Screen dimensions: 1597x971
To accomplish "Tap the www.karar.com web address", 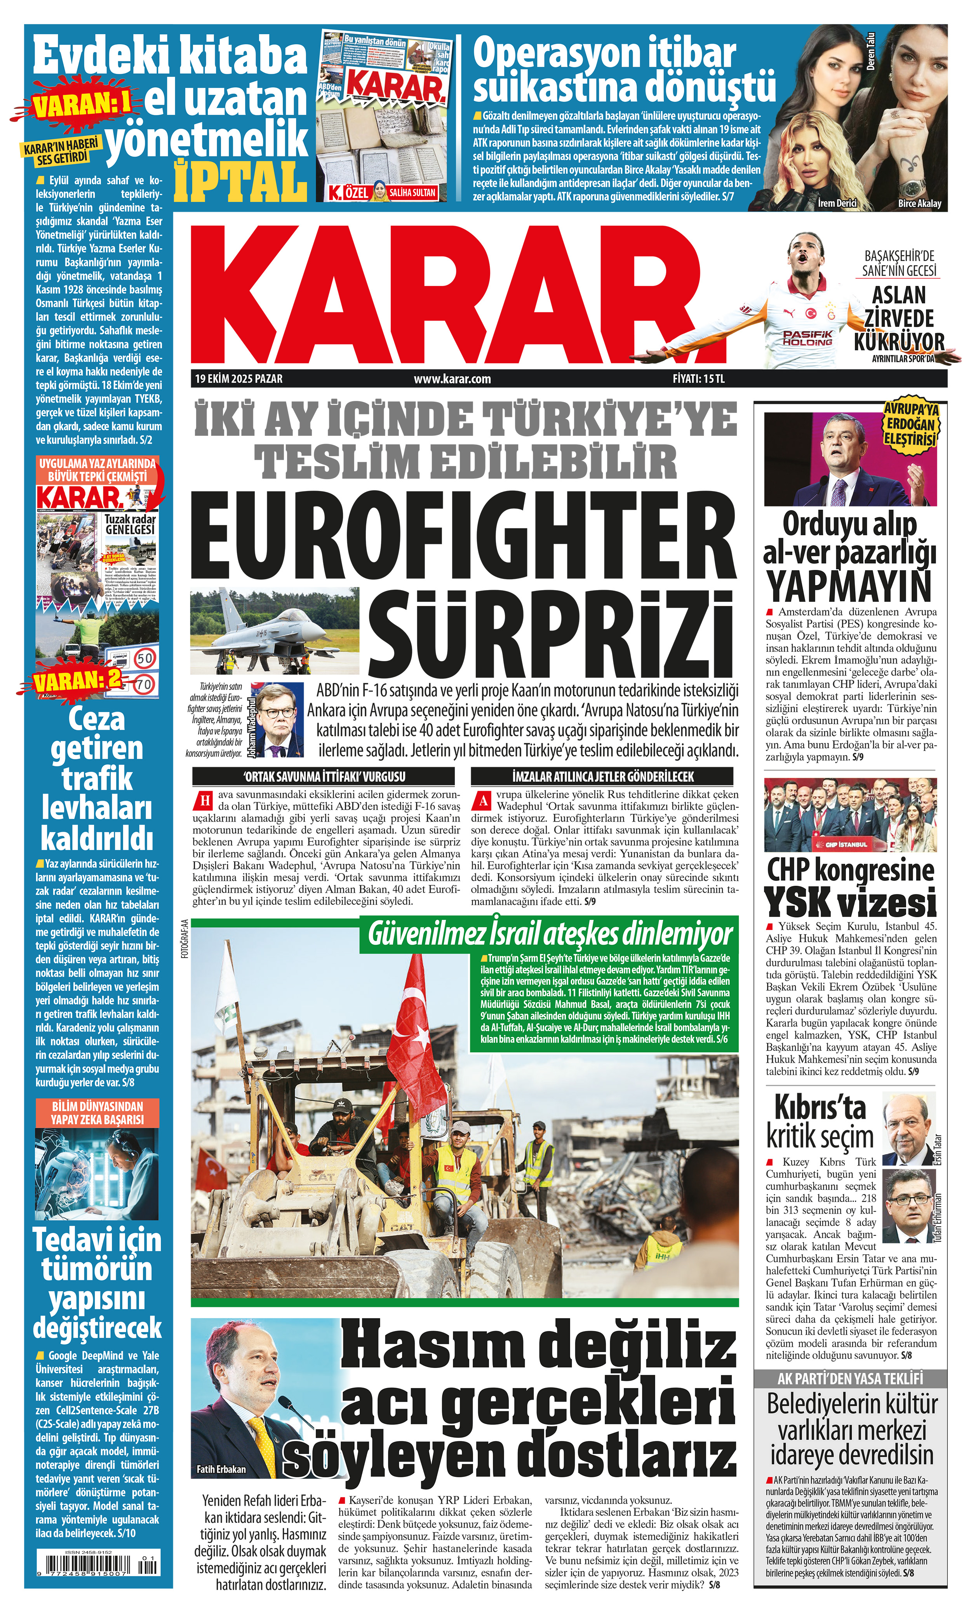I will (452, 378).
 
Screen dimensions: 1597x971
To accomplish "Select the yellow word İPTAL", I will (240, 181).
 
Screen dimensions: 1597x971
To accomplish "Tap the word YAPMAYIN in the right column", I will (849, 586).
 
